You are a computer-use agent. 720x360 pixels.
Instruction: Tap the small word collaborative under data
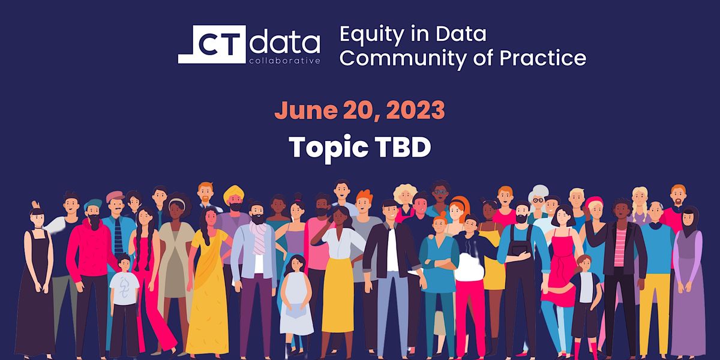(x=285, y=60)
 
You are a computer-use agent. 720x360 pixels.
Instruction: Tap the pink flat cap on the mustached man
(x=115, y=196)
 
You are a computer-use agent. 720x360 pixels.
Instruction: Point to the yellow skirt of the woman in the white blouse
(x=338, y=294)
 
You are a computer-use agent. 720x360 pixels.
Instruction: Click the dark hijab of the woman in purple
(x=689, y=219)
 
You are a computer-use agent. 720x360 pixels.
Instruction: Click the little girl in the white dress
(x=296, y=300)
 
